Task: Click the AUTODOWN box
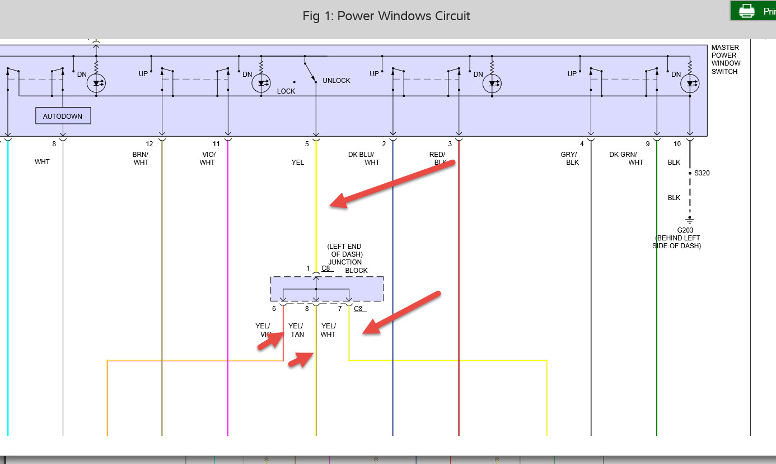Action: pos(63,116)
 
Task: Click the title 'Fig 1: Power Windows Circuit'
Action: pos(386,16)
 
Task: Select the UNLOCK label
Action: pos(336,81)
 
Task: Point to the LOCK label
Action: pos(286,91)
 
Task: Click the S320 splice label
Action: pos(702,173)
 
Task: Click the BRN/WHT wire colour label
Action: pos(141,159)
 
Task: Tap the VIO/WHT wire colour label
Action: pos(207,159)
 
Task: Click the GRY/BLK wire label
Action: pos(570,159)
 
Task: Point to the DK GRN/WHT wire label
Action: pos(627,159)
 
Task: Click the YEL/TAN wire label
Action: pos(296,330)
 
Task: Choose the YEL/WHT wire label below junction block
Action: pos(328,330)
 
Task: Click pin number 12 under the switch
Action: pos(149,144)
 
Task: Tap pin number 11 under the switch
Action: pos(216,144)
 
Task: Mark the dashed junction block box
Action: pos(327,289)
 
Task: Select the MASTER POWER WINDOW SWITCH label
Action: pos(724,59)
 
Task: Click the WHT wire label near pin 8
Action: pos(42,162)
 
